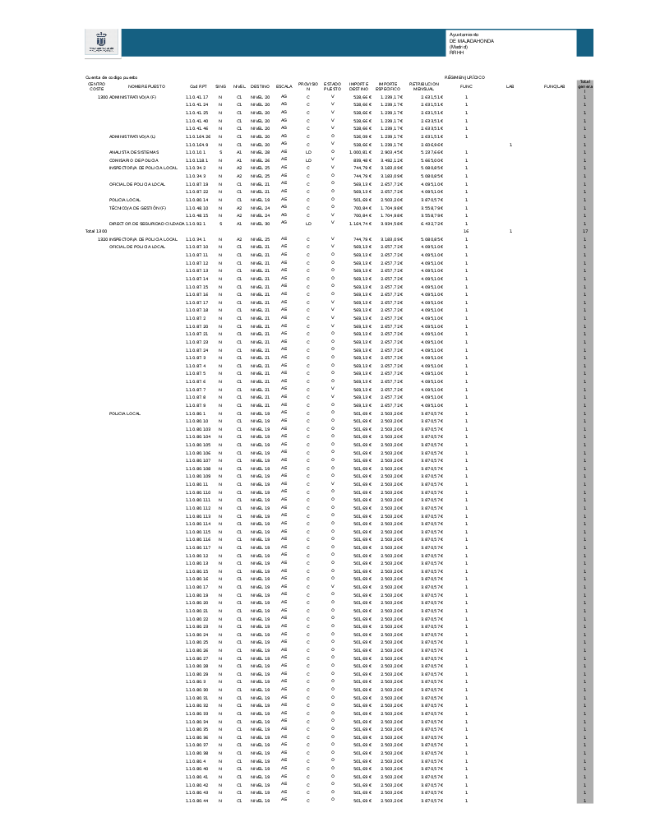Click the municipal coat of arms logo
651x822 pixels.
coord(102,43)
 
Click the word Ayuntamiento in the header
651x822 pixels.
coord(464,35)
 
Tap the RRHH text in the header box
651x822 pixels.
coord(456,52)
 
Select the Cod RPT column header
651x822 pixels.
coord(198,85)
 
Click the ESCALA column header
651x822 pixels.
coord(284,85)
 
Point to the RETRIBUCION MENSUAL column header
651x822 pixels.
coord(423,85)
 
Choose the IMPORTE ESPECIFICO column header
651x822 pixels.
coord(388,85)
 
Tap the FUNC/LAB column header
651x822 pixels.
coord(555,85)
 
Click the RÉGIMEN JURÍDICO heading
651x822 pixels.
coord(464,77)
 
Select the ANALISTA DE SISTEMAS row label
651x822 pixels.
coord(135,152)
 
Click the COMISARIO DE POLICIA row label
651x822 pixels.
coord(134,160)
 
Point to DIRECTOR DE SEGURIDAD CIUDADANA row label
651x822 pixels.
coord(147,224)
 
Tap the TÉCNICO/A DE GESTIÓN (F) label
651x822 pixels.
coord(138,208)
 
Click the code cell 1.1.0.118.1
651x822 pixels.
coord(196,160)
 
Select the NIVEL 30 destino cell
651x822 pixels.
coord(260,224)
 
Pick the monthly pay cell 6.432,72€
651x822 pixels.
coord(432,224)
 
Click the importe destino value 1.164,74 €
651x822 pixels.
coord(360,224)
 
